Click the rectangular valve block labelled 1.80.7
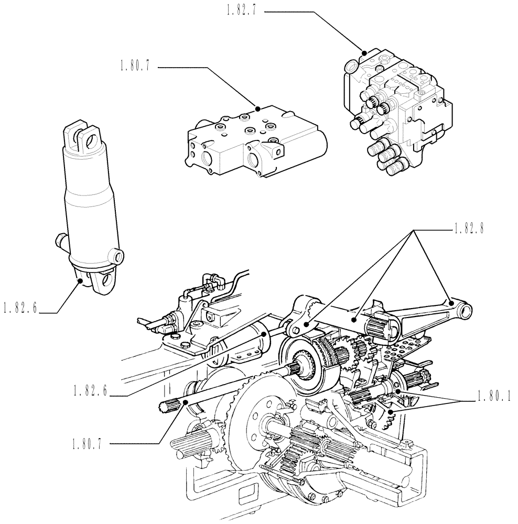[x=252, y=144]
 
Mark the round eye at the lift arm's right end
[x=465, y=312]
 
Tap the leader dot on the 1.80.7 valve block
[x=257, y=108]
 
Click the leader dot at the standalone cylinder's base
[x=80, y=281]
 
